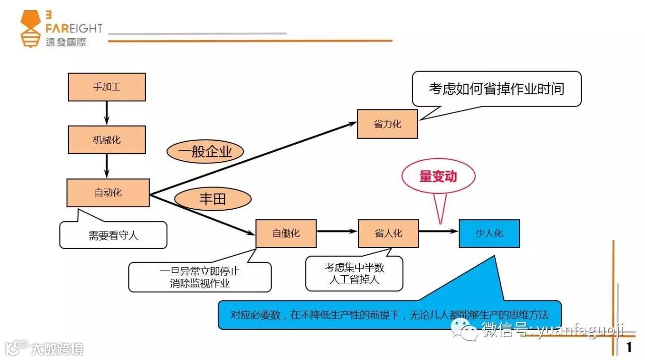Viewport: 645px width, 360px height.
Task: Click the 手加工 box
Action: pyautogui.click(x=107, y=87)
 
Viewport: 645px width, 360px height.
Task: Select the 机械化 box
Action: pyautogui.click(x=107, y=140)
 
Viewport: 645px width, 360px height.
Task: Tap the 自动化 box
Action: pyautogui.click(x=108, y=193)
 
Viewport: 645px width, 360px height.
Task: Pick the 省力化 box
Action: pyautogui.click(x=388, y=124)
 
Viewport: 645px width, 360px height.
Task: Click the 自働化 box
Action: pyautogui.click(x=286, y=233)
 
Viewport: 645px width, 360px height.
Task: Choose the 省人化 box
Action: pyautogui.click(x=388, y=233)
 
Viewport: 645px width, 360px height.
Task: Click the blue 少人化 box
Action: pyautogui.click(x=489, y=233)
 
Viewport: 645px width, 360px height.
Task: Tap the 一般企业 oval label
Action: pyautogui.click(x=205, y=151)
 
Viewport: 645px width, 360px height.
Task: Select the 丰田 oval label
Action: pyautogui.click(x=213, y=199)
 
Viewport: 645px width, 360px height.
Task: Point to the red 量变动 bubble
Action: pyautogui.click(x=438, y=176)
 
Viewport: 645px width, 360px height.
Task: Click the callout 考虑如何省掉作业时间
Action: pyautogui.click(x=496, y=89)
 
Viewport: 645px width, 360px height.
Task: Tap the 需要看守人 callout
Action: pyautogui.click(x=113, y=235)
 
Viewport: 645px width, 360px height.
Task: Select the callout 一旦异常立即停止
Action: pyautogui.click(x=200, y=277)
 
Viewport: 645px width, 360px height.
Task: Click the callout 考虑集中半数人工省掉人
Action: pyautogui.click(x=354, y=273)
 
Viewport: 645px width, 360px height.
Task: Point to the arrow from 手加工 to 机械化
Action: pyautogui.click(x=107, y=113)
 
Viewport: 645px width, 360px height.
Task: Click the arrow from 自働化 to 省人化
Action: pyautogui.click(x=337, y=231)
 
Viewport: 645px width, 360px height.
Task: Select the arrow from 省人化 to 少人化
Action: pyautogui.click(x=438, y=231)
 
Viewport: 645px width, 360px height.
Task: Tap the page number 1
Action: pyautogui.click(x=629, y=347)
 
